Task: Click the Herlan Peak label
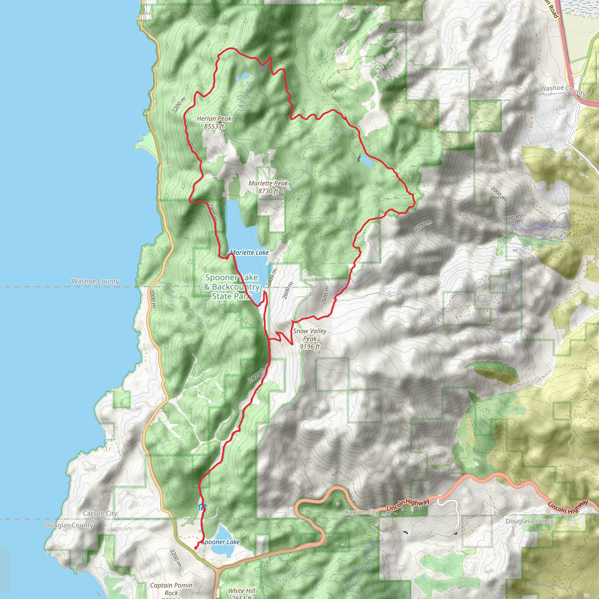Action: tap(214, 123)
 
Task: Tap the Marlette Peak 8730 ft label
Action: tap(268, 187)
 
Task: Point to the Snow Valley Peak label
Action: tap(310, 339)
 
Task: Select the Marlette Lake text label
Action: tap(249, 253)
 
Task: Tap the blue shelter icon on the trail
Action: tap(202, 508)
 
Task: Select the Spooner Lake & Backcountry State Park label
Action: tap(231, 287)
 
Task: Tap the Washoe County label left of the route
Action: tap(95, 281)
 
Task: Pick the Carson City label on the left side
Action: tap(100, 513)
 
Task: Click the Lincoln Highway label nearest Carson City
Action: tap(408, 505)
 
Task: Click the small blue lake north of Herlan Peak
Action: tap(241, 77)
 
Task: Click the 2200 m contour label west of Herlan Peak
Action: tap(179, 105)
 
